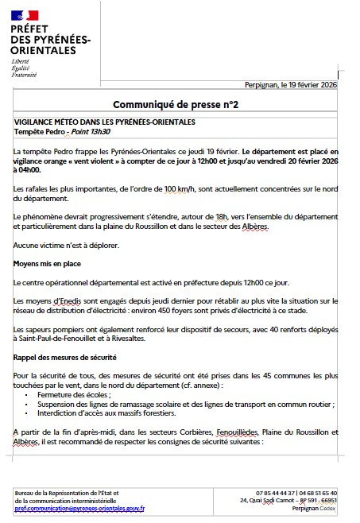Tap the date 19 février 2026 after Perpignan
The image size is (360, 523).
point(321,86)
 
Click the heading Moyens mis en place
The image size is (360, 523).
point(47,262)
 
